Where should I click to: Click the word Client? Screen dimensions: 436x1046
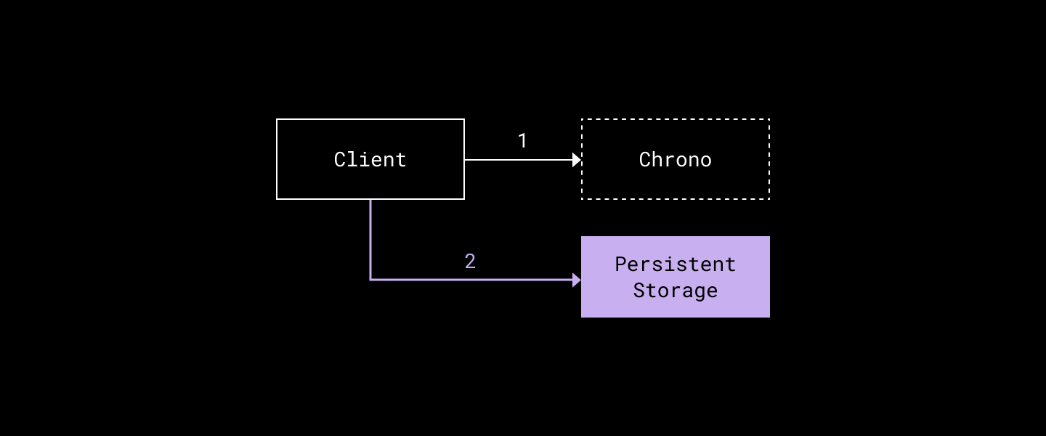pos(370,159)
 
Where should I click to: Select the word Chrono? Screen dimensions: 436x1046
pos(675,159)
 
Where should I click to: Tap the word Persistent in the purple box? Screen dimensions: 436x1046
pos(675,264)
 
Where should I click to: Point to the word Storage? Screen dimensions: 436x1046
pos(675,290)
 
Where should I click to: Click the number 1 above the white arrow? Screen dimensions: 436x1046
pos(522,141)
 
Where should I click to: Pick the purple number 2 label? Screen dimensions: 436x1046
pos(470,262)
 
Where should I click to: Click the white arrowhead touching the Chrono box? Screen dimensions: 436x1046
pos(577,160)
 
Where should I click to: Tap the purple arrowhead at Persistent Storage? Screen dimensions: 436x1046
pos(577,280)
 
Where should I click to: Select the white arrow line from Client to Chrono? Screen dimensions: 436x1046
pos(519,160)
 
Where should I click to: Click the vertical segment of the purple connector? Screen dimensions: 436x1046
pos(370,240)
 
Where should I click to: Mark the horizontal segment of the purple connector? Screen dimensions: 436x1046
pos(472,279)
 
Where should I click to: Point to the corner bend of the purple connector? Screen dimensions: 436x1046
pos(370,279)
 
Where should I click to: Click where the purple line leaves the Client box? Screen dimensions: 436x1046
pos(370,200)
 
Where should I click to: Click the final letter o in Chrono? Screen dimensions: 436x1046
pos(705,160)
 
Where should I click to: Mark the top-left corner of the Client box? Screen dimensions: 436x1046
pos(277,119)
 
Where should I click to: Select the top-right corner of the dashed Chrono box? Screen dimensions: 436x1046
pos(769,119)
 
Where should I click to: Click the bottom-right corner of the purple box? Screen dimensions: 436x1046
pos(769,317)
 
